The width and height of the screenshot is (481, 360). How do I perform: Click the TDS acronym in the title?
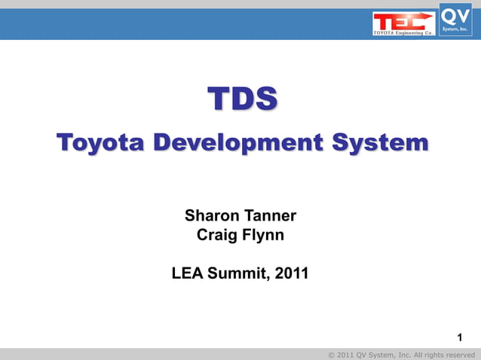point(242,99)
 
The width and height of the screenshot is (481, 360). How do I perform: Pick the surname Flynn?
point(264,235)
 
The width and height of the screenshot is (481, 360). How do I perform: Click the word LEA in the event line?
point(187,274)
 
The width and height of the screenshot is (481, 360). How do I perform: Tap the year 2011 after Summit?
point(291,274)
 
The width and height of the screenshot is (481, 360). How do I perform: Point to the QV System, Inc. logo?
point(455,18)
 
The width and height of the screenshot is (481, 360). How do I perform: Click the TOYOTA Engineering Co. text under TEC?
point(403,33)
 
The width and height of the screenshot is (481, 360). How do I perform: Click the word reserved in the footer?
point(460,354)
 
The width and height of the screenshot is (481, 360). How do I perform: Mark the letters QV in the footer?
point(363,354)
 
